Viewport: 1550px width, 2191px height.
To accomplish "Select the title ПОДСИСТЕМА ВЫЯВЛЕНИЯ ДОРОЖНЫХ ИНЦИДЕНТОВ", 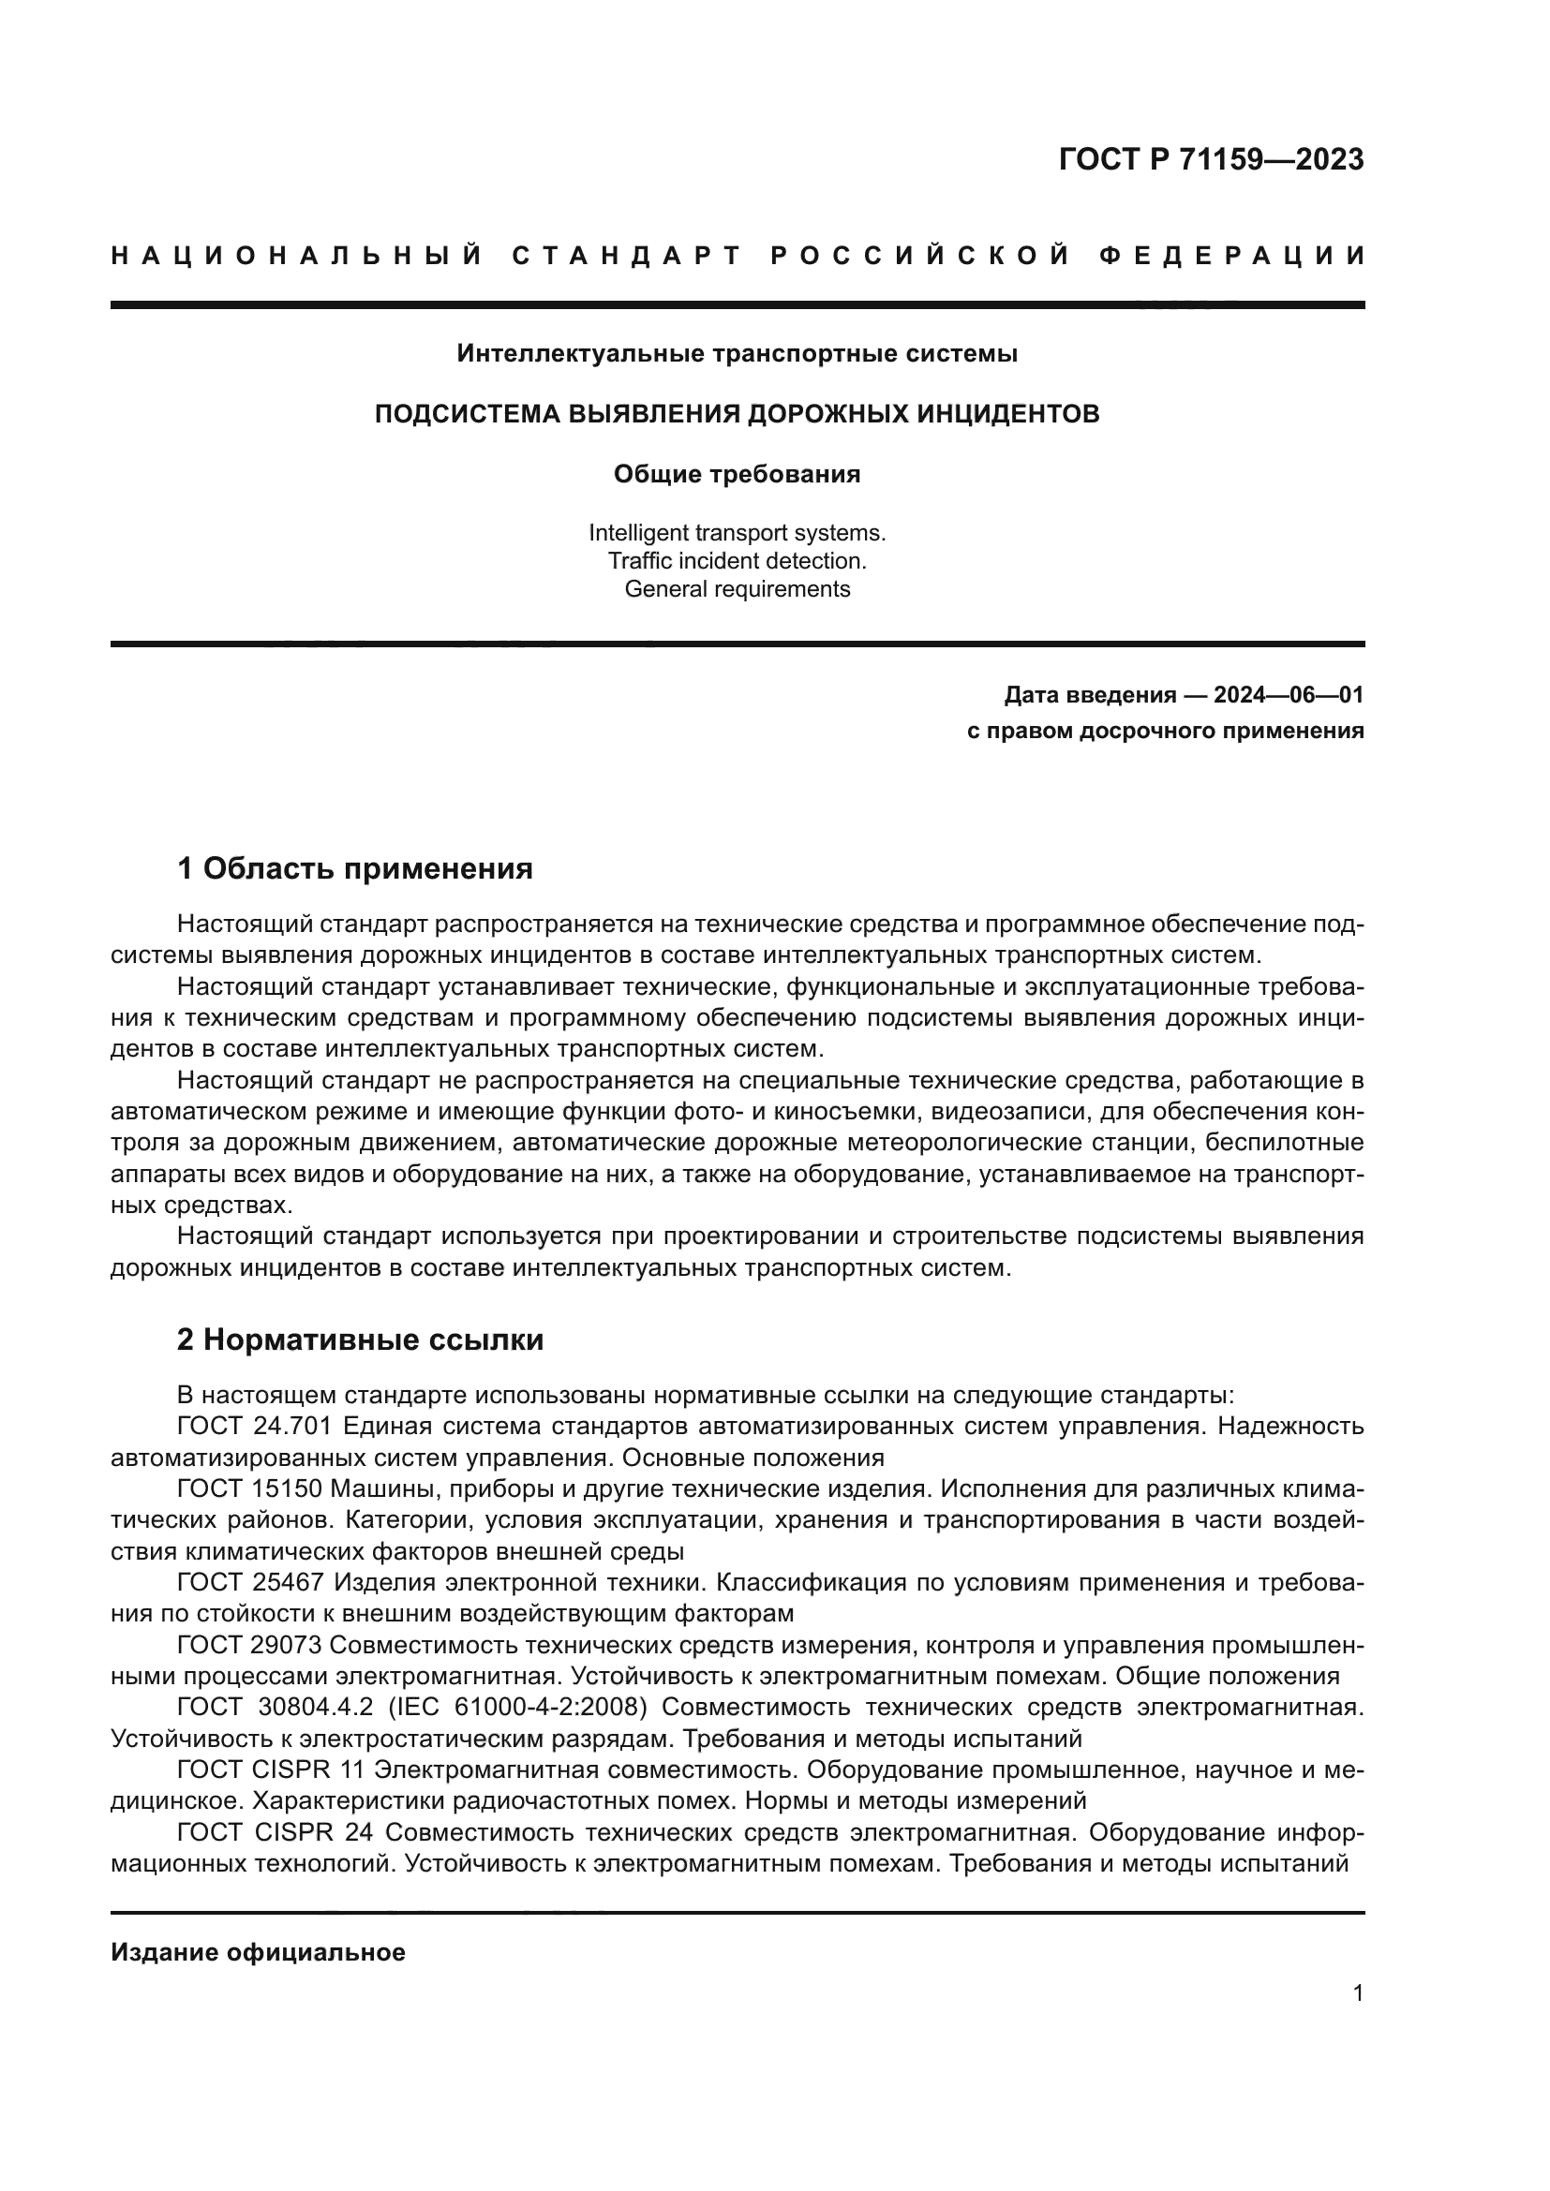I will [x=737, y=414].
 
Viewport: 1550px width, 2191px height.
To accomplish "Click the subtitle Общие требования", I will [x=737, y=474].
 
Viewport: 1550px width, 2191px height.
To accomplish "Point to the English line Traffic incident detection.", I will [x=737, y=560].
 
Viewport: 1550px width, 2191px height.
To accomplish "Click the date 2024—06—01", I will [x=1289, y=695].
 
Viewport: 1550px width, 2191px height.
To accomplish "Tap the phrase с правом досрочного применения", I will [x=1166, y=731].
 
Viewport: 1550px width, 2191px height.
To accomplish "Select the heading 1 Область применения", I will [x=354, y=868].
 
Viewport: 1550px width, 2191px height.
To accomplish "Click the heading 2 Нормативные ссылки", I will [x=360, y=1340].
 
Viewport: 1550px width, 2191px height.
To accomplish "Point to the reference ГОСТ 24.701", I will [x=254, y=1427].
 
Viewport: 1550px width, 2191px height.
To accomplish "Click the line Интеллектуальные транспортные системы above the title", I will [x=737, y=354].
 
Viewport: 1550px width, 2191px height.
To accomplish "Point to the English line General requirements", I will [x=737, y=589].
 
